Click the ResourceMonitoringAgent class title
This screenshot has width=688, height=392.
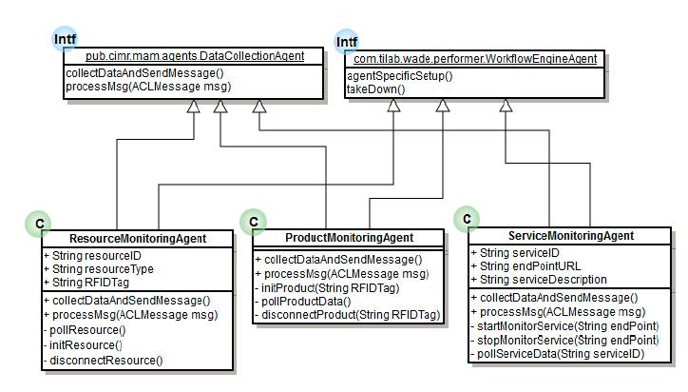tap(139, 238)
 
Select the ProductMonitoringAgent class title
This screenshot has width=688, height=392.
tap(350, 237)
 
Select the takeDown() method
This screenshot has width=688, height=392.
tap(377, 88)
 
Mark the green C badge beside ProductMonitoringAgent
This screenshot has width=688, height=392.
tap(254, 222)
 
